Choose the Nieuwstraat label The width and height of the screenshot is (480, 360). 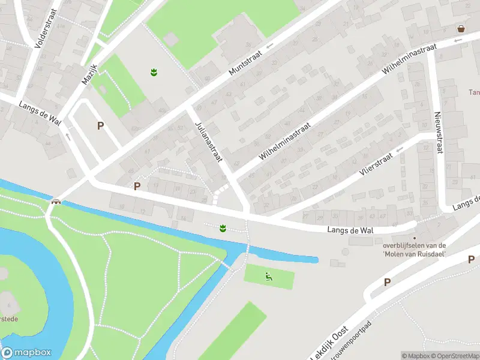[439, 132]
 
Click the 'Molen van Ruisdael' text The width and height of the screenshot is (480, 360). [415, 253]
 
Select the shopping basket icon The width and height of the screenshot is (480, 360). [461, 28]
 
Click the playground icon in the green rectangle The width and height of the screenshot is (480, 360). [269, 277]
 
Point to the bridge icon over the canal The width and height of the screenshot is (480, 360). [56, 202]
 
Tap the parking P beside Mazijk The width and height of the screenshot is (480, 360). [100, 126]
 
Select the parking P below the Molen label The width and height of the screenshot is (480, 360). [387, 282]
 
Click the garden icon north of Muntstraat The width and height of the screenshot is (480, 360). [154, 72]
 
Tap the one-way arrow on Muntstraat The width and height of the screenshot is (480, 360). [270, 45]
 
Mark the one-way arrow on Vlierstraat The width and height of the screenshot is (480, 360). [400, 148]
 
